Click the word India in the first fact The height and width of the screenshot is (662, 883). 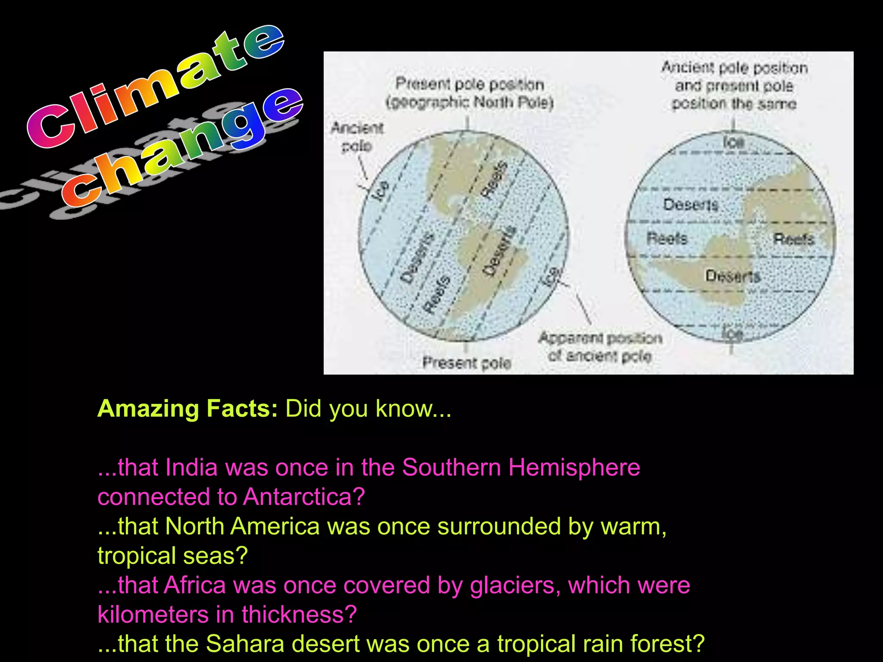(x=191, y=468)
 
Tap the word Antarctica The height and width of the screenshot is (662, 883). (x=304, y=497)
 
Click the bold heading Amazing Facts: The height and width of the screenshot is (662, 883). (x=188, y=408)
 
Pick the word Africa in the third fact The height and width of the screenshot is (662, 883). (x=194, y=585)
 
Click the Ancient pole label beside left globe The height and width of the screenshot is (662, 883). (x=357, y=137)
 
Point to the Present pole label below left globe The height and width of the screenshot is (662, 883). (x=467, y=363)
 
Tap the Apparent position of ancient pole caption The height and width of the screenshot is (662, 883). (x=600, y=347)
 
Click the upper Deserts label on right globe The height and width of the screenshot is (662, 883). (x=690, y=204)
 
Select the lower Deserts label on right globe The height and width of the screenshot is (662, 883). (x=733, y=276)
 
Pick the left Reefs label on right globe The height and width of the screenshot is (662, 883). (x=667, y=238)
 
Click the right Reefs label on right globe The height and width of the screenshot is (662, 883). (x=793, y=239)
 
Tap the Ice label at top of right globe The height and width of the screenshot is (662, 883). (x=733, y=142)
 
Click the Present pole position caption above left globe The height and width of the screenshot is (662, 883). (x=470, y=93)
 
